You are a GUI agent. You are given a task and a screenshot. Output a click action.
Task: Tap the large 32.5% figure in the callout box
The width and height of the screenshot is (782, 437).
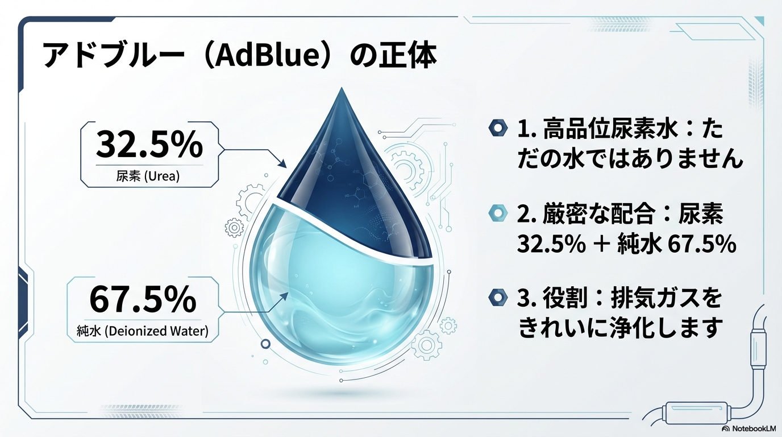149,145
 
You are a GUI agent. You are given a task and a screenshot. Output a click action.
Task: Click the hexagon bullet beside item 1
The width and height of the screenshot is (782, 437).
498,129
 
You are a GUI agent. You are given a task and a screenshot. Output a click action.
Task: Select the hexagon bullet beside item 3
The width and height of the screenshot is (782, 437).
498,297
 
